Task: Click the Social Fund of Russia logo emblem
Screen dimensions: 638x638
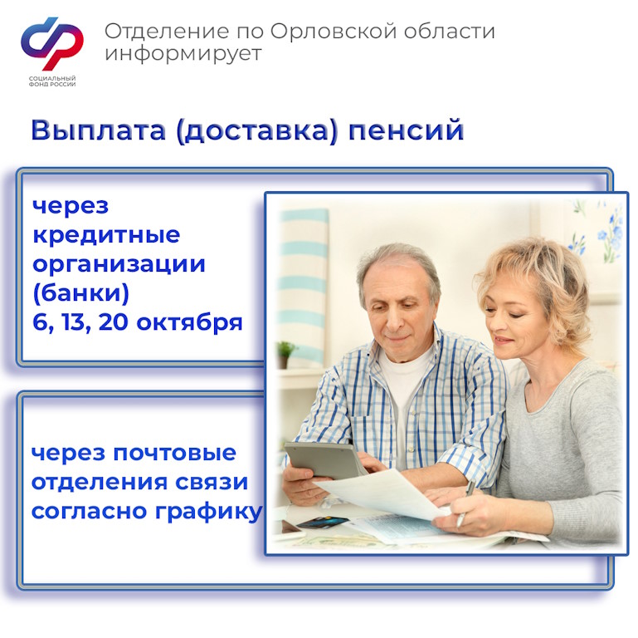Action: tap(52, 43)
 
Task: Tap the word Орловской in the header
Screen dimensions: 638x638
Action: tap(334, 31)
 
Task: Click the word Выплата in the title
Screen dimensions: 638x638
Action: tap(99, 130)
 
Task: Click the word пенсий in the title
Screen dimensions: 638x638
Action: tap(406, 130)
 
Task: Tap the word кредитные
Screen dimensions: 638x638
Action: tap(106, 235)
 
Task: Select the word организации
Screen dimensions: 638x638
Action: tap(119, 265)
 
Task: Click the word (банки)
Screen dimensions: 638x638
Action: tap(81, 293)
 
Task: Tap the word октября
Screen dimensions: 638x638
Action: tap(189, 322)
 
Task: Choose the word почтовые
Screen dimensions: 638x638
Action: tap(174, 453)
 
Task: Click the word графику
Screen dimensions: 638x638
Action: tap(209, 512)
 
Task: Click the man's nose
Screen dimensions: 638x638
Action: tap(393, 320)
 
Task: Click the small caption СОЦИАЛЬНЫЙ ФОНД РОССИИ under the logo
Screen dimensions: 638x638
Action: tap(52, 81)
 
